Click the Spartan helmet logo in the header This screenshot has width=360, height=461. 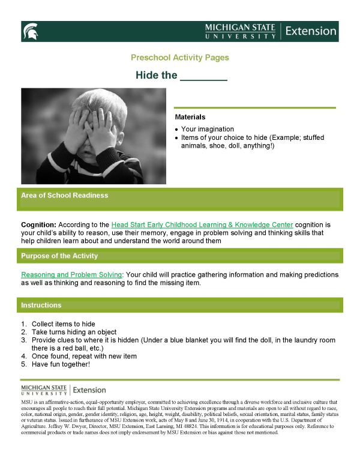tap(29, 31)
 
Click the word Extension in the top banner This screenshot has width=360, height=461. tap(311, 31)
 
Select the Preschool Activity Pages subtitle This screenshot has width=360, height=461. tap(179, 58)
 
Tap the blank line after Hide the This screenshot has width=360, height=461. tap(204, 76)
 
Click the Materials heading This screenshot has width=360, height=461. tap(190, 117)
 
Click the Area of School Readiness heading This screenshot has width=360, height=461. tap(64, 196)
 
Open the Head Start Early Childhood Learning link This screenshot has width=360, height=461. tap(202, 224)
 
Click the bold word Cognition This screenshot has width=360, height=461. tap(38, 224)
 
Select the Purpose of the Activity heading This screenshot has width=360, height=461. tap(59, 256)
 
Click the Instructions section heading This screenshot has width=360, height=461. tap(41, 305)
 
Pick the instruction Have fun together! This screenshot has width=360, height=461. tap(61, 364)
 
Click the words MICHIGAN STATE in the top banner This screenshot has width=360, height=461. tap(240, 28)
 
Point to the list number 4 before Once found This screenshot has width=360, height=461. tap(23, 356)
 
